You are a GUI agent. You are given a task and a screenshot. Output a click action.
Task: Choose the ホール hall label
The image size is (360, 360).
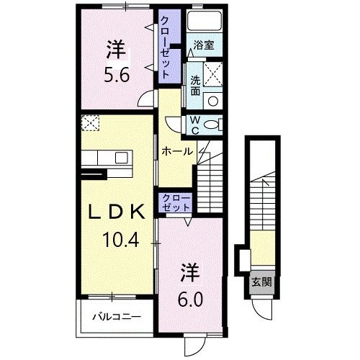pyautogui.click(x=176, y=152)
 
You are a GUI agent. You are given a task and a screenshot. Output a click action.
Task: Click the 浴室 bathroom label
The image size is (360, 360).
pyautogui.click(x=204, y=45)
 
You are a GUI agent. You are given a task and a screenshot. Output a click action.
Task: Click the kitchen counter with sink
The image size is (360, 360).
pyautogui.click(x=105, y=158)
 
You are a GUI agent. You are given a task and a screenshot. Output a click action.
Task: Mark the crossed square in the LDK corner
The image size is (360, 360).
pyautogui.click(x=90, y=123)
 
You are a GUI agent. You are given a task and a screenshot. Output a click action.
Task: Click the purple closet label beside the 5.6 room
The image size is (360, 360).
pyautogui.click(x=165, y=47)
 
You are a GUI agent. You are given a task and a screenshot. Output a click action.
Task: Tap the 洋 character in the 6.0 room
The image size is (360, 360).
pyautogui.click(x=189, y=274)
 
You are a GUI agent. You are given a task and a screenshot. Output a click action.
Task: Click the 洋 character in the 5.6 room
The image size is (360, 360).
pyautogui.click(x=117, y=50)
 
